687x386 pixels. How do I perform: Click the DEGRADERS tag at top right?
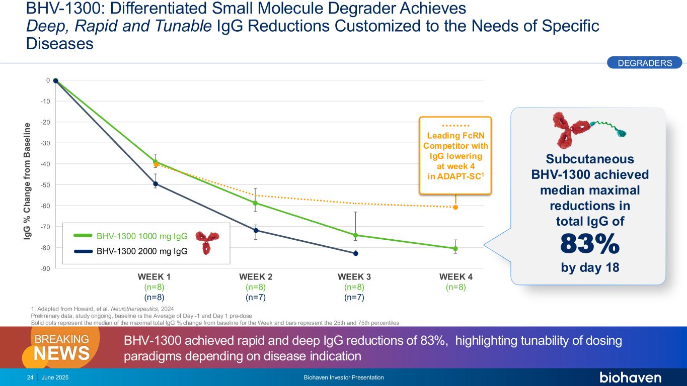644,63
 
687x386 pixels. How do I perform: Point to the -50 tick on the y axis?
46,185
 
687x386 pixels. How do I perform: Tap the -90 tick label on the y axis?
46,268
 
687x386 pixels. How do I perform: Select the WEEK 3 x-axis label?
354,277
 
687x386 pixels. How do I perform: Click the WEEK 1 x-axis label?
154,277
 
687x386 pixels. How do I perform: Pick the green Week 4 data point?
455,248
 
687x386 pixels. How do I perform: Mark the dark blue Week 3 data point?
355,253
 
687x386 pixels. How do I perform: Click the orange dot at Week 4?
455,207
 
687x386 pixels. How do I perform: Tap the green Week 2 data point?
256,203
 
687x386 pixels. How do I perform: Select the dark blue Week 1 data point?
156,184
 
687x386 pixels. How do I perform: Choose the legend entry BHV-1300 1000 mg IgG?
142,236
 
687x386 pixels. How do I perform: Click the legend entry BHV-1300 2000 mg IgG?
142,252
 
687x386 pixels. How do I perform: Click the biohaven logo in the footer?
630,377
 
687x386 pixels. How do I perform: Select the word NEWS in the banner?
62,353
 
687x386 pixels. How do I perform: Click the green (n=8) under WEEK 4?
455,287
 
